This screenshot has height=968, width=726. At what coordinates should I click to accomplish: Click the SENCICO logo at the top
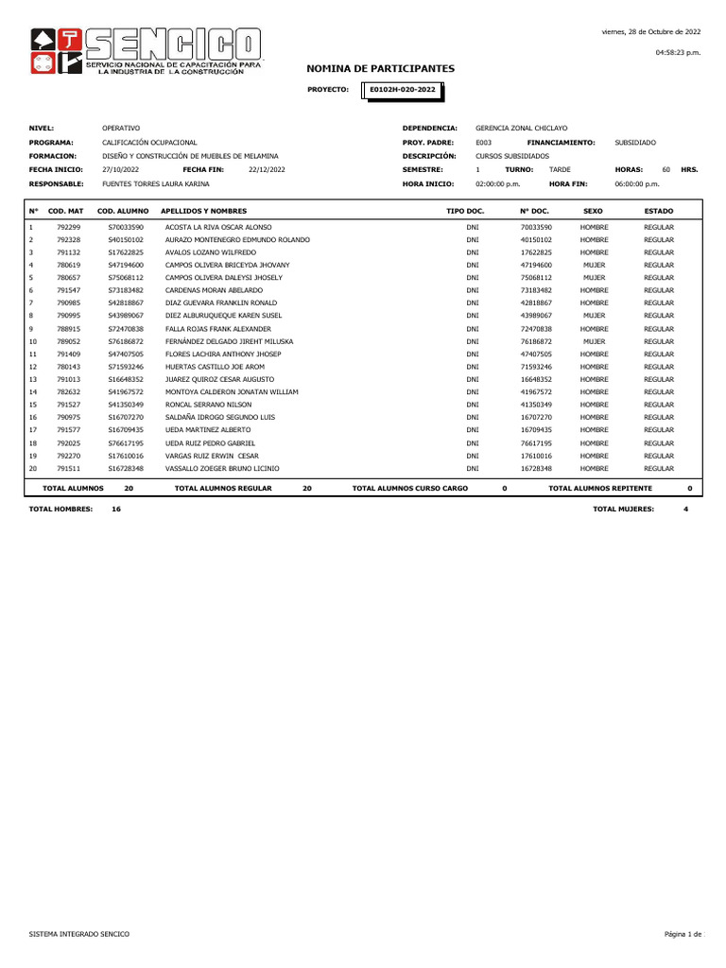[x=146, y=52]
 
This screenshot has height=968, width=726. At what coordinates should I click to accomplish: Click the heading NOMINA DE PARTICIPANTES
[x=381, y=69]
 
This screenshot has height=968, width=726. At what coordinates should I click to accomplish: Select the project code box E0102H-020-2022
[x=403, y=90]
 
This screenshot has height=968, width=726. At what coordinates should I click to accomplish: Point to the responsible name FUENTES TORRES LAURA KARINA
[x=156, y=183]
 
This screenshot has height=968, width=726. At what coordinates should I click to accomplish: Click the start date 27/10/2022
[x=120, y=169]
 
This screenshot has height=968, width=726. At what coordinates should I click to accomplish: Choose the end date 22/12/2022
[x=266, y=169]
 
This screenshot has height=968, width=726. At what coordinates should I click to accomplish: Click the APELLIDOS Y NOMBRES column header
[x=204, y=211]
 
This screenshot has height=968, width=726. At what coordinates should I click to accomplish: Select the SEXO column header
[x=594, y=211]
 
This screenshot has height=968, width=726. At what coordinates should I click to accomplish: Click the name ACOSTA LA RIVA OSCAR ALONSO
[x=218, y=228]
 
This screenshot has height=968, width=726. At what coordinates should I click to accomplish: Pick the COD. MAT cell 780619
[x=69, y=266]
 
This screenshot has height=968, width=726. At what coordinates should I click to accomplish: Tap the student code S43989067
[x=126, y=315]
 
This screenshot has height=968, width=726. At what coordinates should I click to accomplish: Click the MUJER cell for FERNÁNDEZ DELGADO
[x=594, y=340]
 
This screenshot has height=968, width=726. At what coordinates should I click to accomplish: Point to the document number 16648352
[x=536, y=379]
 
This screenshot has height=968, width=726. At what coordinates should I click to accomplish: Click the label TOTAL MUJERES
[x=624, y=509]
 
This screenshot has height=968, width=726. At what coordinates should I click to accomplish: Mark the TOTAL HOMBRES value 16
[x=116, y=509]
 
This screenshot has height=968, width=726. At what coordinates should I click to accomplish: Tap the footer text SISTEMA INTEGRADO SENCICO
[x=79, y=934]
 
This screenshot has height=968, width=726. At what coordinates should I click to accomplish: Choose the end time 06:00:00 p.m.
[x=637, y=183]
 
